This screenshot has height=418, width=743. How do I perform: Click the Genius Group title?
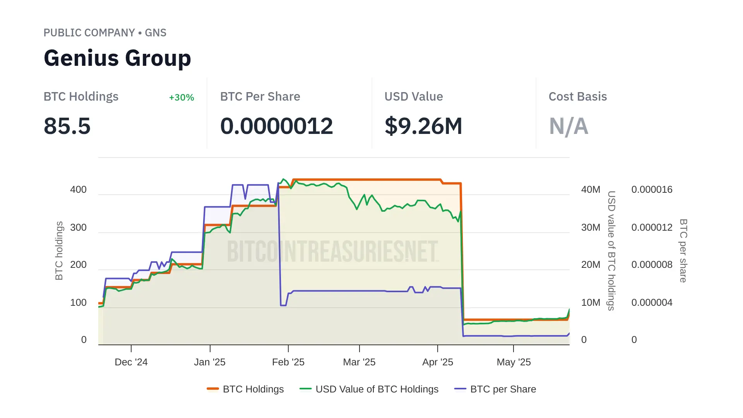pyautogui.click(x=117, y=58)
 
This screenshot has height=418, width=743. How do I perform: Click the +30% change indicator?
pyautogui.click(x=181, y=98)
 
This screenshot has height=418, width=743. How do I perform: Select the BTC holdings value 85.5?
pyautogui.click(x=67, y=126)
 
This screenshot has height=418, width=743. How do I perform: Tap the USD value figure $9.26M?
pyautogui.click(x=423, y=126)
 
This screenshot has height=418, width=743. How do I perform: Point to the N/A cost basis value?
pyautogui.click(x=568, y=126)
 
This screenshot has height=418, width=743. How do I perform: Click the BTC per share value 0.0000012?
pyautogui.click(x=276, y=126)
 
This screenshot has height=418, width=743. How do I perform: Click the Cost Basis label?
pyautogui.click(x=577, y=97)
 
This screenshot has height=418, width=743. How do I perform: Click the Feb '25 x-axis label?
pyautogui.click(x=288, y=362)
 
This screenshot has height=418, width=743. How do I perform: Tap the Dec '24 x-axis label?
pyautogui.click(x=131, y=362)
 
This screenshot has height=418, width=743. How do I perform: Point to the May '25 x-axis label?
pyautogui.click(x=514, y=362)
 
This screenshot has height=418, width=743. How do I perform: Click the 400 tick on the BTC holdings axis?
pyautogui.click(x=78, y=190)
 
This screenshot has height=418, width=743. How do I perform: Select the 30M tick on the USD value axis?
pyautogui.click(x=591, y=228)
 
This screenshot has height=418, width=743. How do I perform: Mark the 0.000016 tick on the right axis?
pyautogui.click(x=652, y=190)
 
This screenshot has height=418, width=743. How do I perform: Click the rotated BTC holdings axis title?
pyautogui.click(x=59, y=250)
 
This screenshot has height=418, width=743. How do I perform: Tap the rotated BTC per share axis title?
pyautogui.click(x=683, y=250)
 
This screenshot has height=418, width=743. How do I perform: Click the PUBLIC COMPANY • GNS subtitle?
pyautogui.click(x=105, y=33)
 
